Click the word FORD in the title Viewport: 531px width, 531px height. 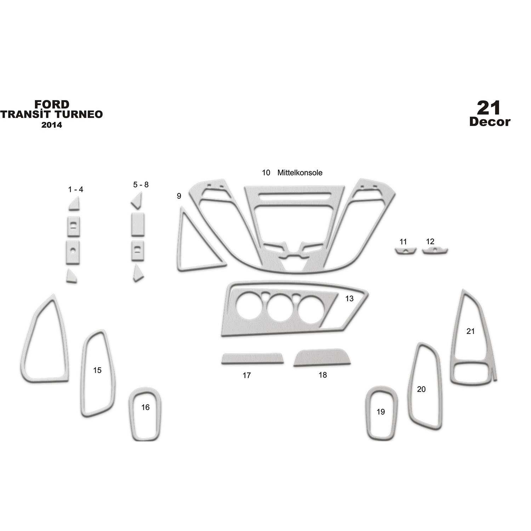point(52,104)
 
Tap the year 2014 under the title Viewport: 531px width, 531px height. point(52,125)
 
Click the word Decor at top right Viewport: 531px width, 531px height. point(490,122)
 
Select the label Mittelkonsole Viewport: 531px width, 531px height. point(300,173)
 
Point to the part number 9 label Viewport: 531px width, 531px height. point(179,196)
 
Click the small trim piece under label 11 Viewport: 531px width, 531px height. point(406,251)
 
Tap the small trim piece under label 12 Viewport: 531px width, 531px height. point(435,251)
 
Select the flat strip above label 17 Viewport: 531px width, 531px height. point(252,358)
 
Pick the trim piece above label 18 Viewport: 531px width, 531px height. point(322,357)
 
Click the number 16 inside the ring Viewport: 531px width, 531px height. point(145,407)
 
